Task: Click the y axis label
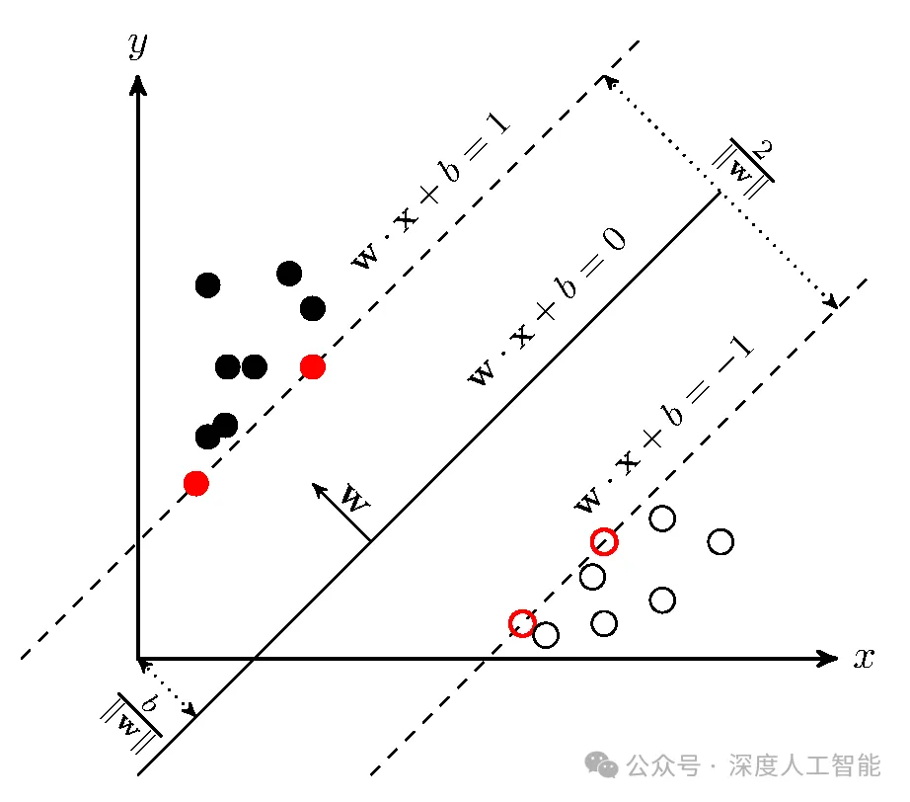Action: pyautogui.click(x=138, y=45)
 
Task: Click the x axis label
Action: pyautogui.click(x=864, y=659)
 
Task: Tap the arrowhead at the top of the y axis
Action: pyautogui.click(x=137, y=85)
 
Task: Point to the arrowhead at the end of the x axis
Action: pyautogui.click(x=828, y=659)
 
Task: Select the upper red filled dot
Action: pyautogui.click(x=313, y=367)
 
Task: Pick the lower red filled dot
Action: pyautogui.click(x=196, y=483)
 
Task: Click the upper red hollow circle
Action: pyautogui.click(x=604, y=542)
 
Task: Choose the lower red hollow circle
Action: pyautogui.click(x=522, y=623)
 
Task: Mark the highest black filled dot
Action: pyautogui.click(x=289, y=274)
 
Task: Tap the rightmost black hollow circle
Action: pyautogui.click(x=720, y=542)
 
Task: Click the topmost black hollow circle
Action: pyautogui.click(x=662, y=518)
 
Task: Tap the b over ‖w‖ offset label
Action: pyautogui.click(x=131, y=722)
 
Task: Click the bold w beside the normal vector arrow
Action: pyautogui.click(x=354, y=498)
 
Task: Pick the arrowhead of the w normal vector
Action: pyautogui.click(x=318, y=489)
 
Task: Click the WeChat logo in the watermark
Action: pyautogui.click(x=601, y=764)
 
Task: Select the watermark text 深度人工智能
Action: pyautogui.click(x=805, y=764)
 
